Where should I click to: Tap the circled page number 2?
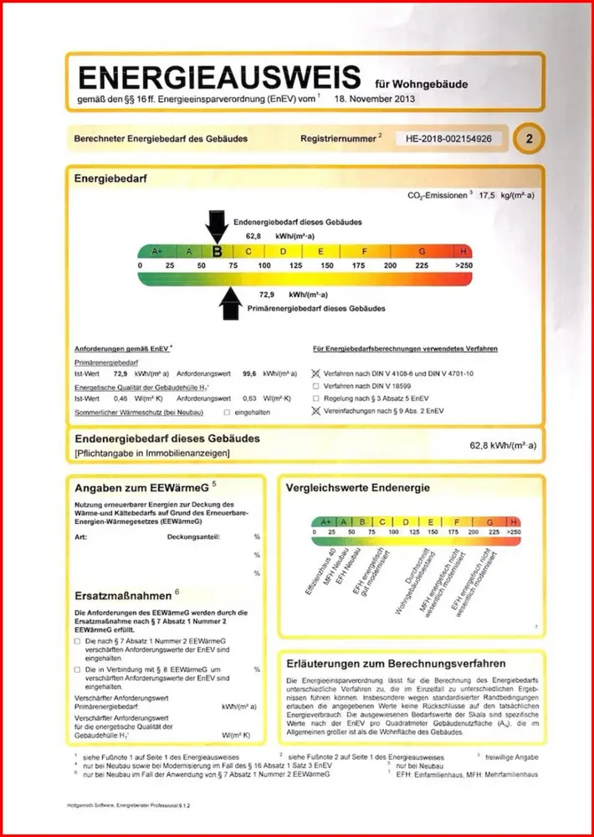[528, 139]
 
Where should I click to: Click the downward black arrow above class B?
[217, 224]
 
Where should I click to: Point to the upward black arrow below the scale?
[228, 302]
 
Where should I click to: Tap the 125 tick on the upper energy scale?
[295, 265]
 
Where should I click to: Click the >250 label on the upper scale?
[463, 265]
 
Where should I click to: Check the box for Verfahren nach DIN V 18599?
[315, 387]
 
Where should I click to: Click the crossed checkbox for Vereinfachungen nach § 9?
[315, 411]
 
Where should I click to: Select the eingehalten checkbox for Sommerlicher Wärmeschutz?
[227, 413]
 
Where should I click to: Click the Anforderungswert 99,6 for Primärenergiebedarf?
[248, 373]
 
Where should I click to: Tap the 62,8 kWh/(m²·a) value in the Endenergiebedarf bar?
[503, 445]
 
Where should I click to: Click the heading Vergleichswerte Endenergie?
[357, 487]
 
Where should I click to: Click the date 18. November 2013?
[373, 99]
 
